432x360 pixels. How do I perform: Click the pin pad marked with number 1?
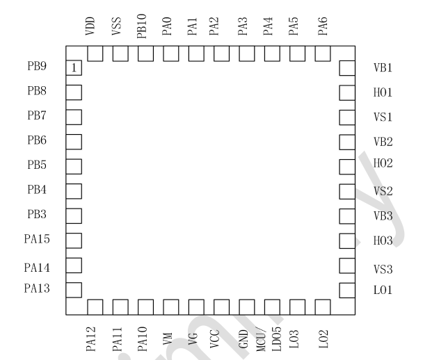74,67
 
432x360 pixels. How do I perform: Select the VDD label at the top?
90,26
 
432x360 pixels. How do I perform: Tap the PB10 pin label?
142,25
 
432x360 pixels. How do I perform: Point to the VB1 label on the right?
383,68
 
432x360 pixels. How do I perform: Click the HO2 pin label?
383,165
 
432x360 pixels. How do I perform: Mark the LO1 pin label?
383,289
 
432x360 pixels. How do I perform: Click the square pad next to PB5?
74,166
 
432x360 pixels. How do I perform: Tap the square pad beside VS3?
346,265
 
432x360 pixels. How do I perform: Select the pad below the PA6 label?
321,54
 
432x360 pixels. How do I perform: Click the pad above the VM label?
170,306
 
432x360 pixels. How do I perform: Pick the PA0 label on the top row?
167,26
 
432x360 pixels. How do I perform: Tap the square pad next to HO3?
346,240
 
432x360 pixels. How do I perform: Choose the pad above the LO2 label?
321,306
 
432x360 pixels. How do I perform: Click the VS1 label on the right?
383,117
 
